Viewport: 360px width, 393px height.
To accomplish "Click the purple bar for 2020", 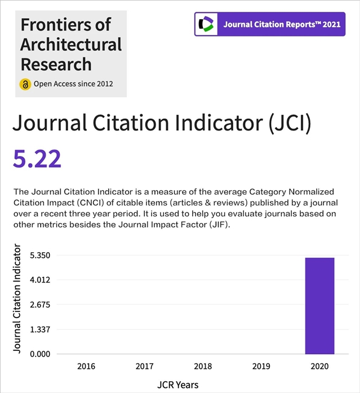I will tap(319, 306).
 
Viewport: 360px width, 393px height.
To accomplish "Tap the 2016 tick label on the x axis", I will tap(86, 366).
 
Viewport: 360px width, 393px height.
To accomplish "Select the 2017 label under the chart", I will tap(145, 366).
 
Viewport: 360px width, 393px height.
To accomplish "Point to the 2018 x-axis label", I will tap(203, 366).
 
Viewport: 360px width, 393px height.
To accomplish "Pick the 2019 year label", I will tap(261, 366).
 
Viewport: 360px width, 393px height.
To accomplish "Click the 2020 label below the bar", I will tap(319, 366).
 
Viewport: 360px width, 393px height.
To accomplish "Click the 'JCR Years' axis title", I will tap(177, 385).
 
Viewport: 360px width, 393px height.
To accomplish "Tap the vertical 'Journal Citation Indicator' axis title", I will tap(17, 298).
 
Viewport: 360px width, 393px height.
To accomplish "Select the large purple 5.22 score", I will tap(37, 159).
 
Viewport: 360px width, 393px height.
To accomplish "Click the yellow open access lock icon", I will tap(25, 84).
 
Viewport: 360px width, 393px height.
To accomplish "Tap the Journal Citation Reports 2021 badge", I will tap(269, 24).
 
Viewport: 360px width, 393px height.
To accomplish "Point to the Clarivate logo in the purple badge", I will tap(207, 24).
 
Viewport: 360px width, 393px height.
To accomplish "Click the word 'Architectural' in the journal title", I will tap(71, 44).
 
